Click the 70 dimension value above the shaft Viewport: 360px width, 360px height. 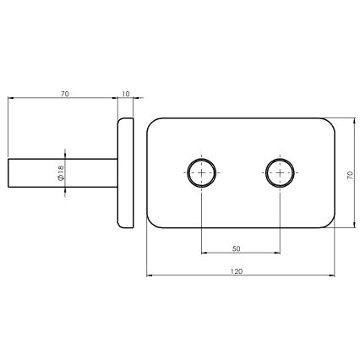pyautogui.click(x=64, y=93)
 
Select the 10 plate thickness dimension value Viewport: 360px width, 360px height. pyautogui.click(x=126, y=93)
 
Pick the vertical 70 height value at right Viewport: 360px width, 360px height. pyautogui.click(x=349, y=174)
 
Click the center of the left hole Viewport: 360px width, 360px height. pyautogui.click(x=202, y=172)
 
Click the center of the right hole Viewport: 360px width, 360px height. pyautogui.click(x=279, y=172)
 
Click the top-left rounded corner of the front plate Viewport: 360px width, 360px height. pyautogui.click(x=152, y=123)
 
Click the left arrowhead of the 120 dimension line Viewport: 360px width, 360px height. pyautogui.click(x=150, y=275)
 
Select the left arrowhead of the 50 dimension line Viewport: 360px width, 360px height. pyautogui.click(x=205, y=253)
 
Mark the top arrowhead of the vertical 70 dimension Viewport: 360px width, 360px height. pyautogui.click(x=344, y=121)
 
